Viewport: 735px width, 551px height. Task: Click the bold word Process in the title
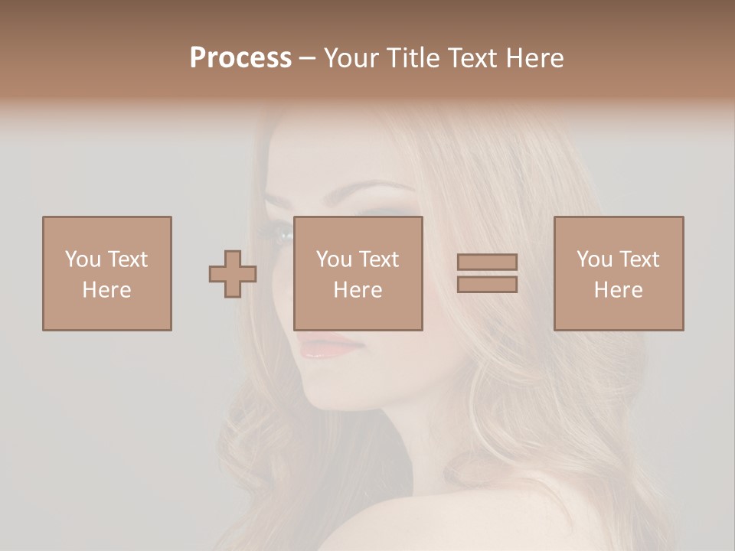coord(240,58)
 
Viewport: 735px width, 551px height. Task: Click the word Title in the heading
coord(413,58)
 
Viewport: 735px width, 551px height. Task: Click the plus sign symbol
coord(233,274)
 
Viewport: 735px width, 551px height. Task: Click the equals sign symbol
coord(487,273)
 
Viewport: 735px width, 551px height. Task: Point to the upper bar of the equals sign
coord(487,262)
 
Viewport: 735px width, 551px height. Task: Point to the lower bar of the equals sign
coord(487,285)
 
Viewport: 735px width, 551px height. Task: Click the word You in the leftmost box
coord(83,259)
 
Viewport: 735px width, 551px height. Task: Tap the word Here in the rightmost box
coord(619,290)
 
